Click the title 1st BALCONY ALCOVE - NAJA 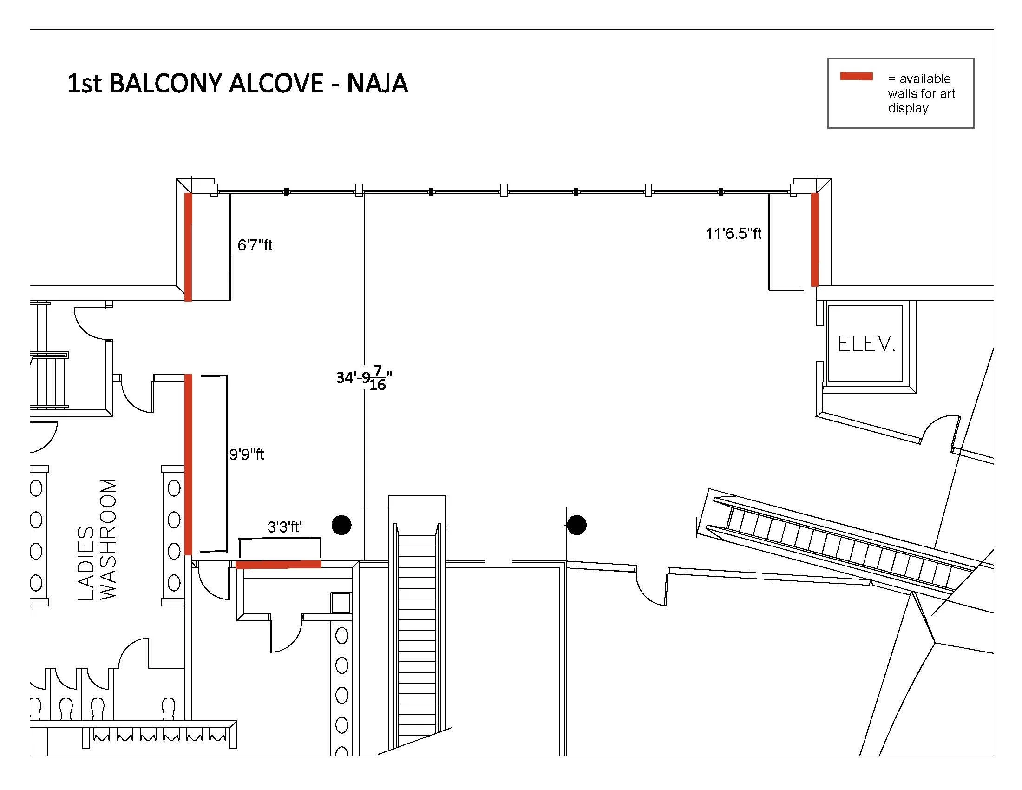click(x=238, y=84)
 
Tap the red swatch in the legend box click(x=856, y=77)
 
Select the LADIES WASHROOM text click(x=97, y=539)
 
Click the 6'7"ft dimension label click(x=255, y=245)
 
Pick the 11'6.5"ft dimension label click(x=734, y=233)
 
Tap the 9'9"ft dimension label click(x=247, y=454)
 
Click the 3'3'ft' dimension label click(x=284, y=527)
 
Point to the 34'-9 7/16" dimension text click(x=364, y=378)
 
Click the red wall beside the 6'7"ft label click(x=188, y=247)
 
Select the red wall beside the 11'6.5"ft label click(x=815, y=239)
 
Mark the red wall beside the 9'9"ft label click(x=188, y=464)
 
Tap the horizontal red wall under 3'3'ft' click(x=278, y=565)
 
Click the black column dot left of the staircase click(x=341, y=525)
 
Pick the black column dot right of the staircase click(x=577, y=525)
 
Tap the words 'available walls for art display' click(x=921, y=93)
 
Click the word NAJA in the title click(x=377, y=84)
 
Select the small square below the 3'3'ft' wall click(x=341, y=602)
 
